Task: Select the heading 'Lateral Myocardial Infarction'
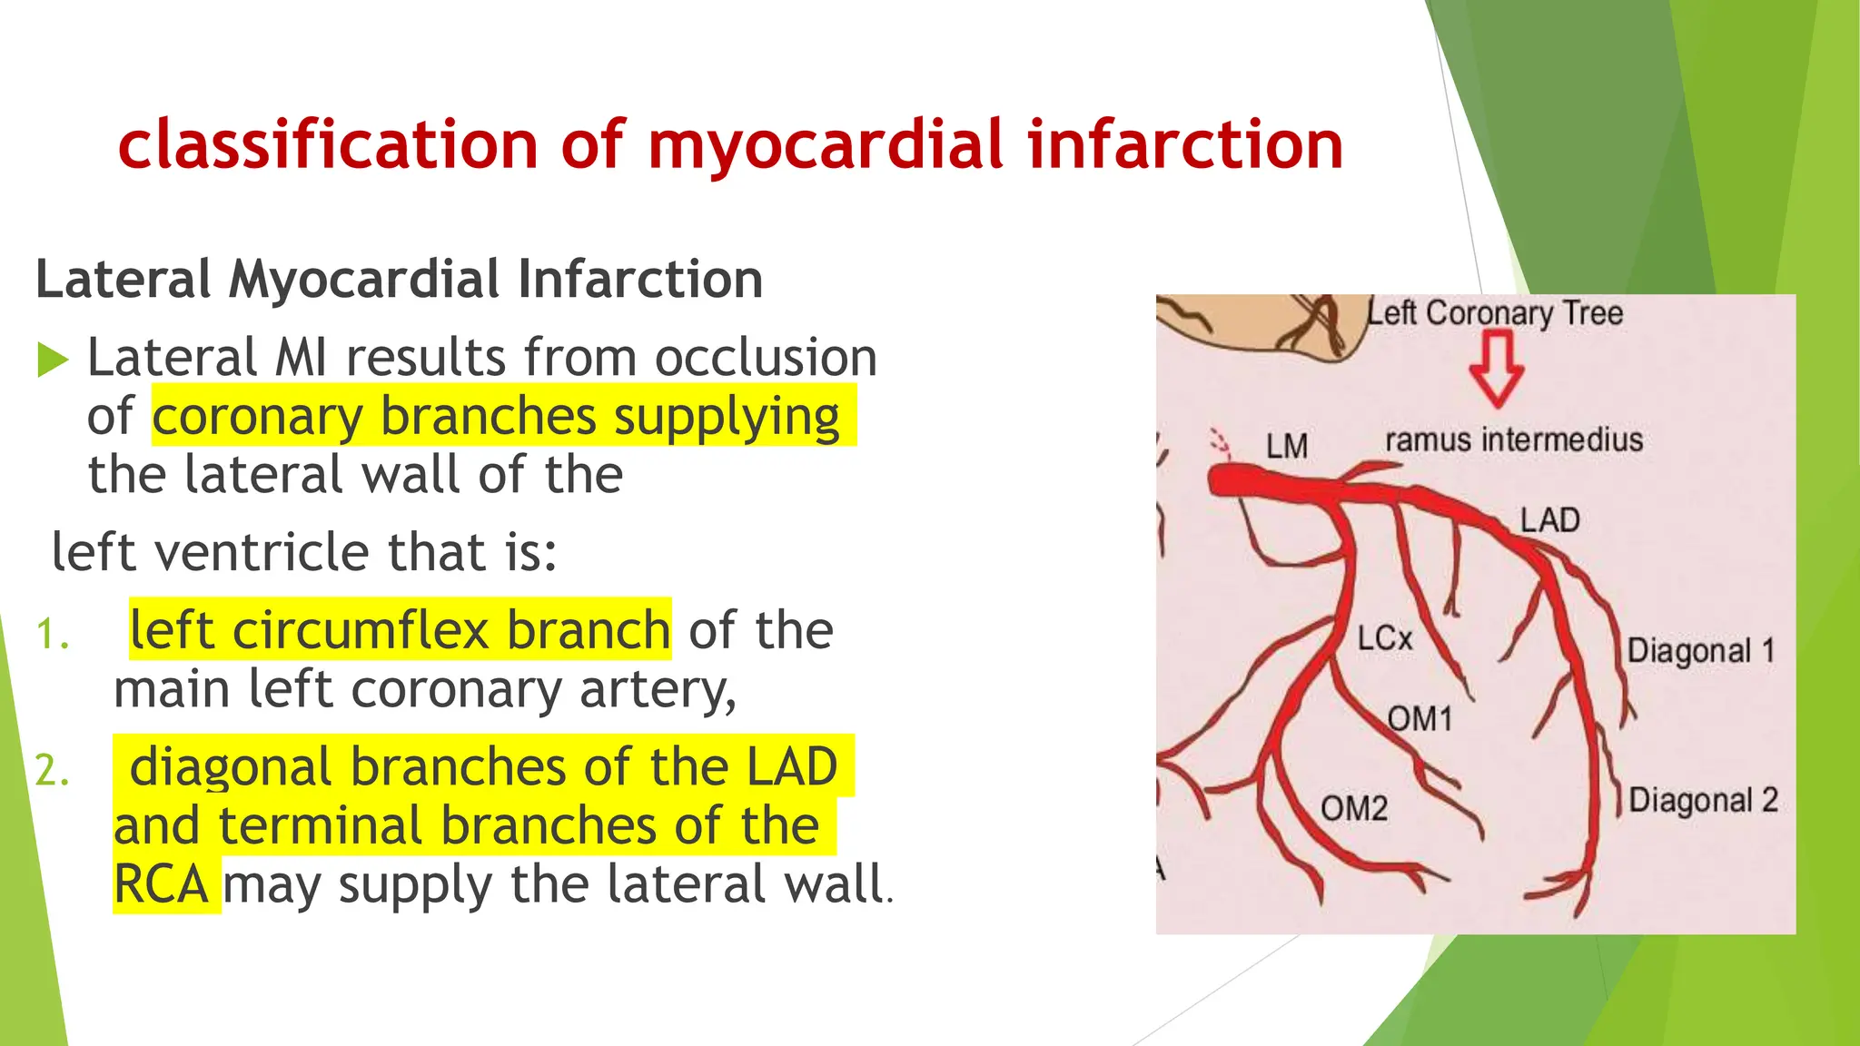(x=399, y=279)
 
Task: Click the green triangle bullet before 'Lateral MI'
(x=53, y=360)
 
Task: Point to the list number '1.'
(x=52, y=635)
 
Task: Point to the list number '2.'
(x=52, y=772)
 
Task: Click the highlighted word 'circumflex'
(x=361, y=630)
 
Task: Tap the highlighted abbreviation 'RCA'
(x=162, y=884)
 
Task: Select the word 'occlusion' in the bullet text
(x=766, y=357)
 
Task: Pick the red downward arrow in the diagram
(x=1496, y=368)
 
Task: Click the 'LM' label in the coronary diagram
(x=1287, y=447)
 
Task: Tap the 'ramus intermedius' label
(x=1514, y=440)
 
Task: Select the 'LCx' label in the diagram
(x=1384, y=638)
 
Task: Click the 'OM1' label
(x=1420, y=719)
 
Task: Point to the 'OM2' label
(x=1353, y=808)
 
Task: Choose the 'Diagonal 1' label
(x=1700, y=651)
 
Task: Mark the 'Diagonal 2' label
(x=1703, y=801)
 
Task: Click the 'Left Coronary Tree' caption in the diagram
(x=1496, y=313)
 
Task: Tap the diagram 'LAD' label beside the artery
(x=1550, y=520)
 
